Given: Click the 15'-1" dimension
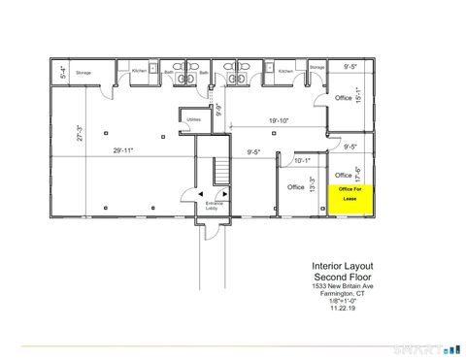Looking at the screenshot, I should [x=358, y=96].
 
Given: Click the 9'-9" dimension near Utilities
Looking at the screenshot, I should [x=219, y=110].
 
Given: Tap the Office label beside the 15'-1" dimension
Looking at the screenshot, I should [x=343, y=98].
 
